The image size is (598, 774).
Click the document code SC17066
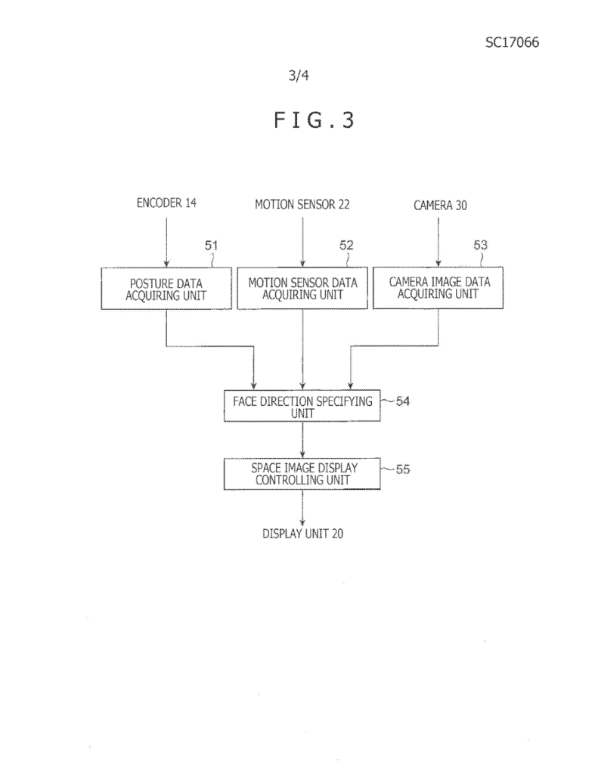(x=512, y=42)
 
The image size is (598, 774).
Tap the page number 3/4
(x=299, y=75)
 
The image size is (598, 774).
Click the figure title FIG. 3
(x=314, y=120)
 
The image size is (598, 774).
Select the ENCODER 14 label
(x=166, y=203)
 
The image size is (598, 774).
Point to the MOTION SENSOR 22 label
(x=302, y=204)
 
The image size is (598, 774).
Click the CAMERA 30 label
(x=440, y=206)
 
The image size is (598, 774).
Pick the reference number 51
(x=212, y=246)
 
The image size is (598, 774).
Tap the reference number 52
(x=346, y=246)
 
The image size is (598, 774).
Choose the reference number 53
(x=481, y=245)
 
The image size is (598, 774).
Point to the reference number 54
(x=403, y=401)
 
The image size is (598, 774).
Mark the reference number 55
(x=403, y=469)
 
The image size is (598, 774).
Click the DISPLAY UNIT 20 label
(x=302, y=534)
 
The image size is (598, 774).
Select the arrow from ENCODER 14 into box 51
(x=166, y=243)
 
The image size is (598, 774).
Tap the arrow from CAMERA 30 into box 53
(x=438, y=242)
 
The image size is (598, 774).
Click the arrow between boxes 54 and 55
(x=302, y=440)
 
